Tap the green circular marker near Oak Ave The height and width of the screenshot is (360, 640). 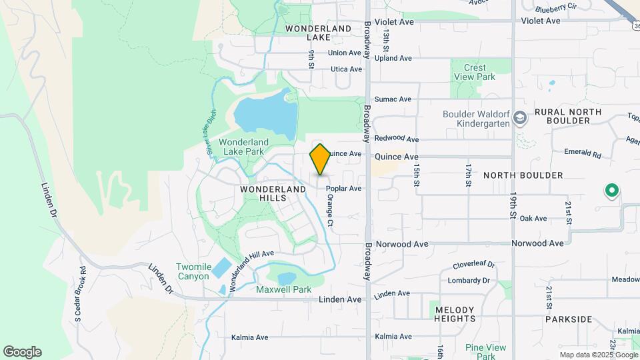611,192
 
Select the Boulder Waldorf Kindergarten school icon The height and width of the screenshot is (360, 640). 521,119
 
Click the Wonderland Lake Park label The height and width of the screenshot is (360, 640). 243,147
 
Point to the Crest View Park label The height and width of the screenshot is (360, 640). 475,72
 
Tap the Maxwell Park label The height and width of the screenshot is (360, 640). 284,289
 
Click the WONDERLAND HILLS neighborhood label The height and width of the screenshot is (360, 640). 274,193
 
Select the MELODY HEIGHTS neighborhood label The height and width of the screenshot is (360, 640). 455,314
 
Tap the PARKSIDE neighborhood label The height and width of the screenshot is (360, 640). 568,319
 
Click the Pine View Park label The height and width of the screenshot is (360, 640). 485,347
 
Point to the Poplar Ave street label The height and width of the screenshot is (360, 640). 344,189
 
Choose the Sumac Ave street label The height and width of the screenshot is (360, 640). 393,99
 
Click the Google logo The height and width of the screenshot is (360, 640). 22,352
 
